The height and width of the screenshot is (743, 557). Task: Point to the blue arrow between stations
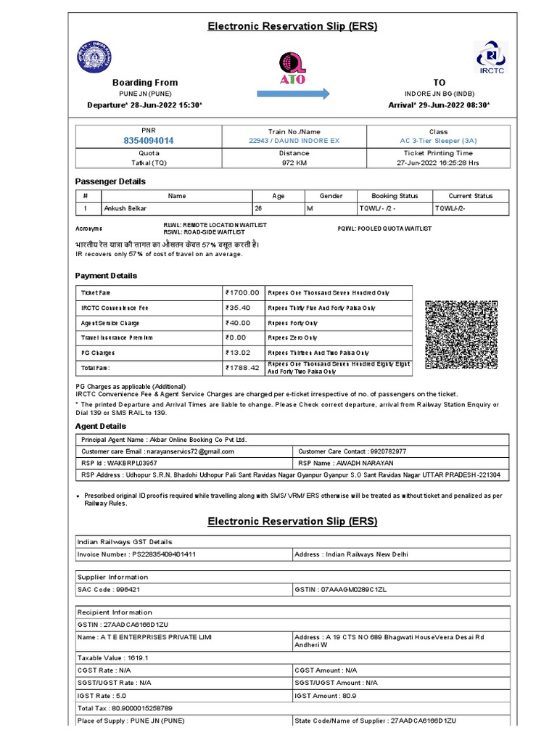[292, 94]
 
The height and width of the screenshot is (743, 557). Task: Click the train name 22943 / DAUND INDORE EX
[293, 140]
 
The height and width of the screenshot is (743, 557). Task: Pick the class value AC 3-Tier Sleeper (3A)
[438, 140]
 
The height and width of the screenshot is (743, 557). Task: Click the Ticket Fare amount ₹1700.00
[242, 292]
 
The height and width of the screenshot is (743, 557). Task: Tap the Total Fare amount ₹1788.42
[242, 368]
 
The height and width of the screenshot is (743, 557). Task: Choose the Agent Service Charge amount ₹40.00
[239, 323]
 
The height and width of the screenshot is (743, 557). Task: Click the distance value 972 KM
[293, 163]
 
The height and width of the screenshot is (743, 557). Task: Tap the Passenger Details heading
[110, 181]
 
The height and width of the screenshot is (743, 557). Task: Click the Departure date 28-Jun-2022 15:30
[144, 105]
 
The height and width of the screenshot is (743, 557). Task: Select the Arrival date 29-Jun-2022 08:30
[439, 105]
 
